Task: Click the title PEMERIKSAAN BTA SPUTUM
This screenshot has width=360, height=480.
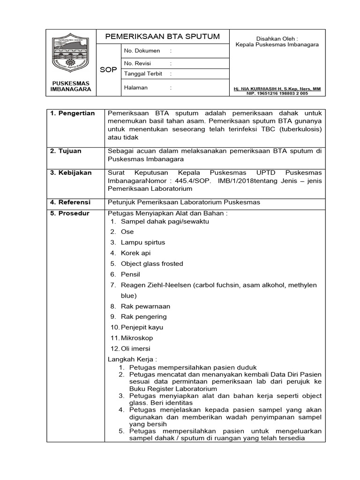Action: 162,37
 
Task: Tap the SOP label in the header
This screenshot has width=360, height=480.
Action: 108,69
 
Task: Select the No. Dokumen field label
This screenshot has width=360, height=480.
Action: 142,51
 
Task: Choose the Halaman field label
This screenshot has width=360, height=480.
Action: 135,87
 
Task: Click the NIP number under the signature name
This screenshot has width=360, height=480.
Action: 277,93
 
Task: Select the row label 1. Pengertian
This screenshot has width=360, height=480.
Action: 73,113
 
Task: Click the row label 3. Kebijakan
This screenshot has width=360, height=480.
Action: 70,173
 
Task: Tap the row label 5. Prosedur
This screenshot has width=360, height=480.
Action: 70,213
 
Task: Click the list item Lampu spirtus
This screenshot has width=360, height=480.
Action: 142,242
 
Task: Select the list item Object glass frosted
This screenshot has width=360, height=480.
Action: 151,263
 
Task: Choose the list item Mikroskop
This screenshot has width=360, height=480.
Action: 136,338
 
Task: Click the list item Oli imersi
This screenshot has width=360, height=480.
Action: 135,348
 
